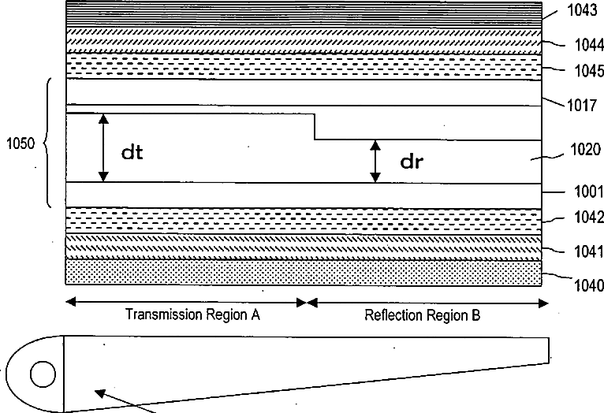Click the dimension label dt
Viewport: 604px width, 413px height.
click(x=132, y=152)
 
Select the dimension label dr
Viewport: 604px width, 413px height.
click(x=412, y=163)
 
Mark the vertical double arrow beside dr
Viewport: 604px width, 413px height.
click(x=376, y=162)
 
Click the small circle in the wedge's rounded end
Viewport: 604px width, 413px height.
click(x=43, y=374)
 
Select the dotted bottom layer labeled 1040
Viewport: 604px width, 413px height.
click(x=304, y=273)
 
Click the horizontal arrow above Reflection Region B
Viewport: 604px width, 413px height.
click(x=424, y=302)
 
